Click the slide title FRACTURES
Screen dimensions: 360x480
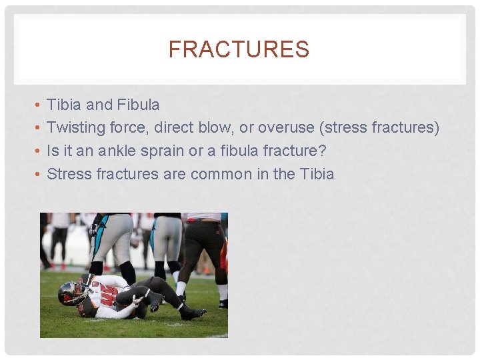coord(239,49)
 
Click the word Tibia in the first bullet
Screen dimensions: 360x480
coord(65,105)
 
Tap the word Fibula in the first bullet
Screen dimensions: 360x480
coord(138,105)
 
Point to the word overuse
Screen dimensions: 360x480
coord(287,128)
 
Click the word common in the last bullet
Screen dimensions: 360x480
coord(222,175)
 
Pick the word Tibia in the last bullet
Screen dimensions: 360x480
coord(317,175)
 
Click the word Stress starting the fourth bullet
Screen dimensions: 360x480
coord(69,175)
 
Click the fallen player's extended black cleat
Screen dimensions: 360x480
coord(192,312)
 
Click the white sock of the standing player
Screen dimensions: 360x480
coord(181,288)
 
